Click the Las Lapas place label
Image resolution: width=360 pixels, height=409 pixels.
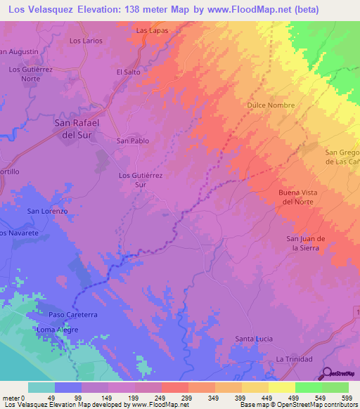tap(152, 31)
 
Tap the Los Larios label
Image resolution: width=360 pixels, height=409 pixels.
tap(86, 41)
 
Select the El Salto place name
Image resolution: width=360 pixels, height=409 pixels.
tap(129, 72)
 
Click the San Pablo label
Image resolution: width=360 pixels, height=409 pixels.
tap(132, 141)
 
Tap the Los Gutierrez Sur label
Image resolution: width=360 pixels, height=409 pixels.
tap(141, 180)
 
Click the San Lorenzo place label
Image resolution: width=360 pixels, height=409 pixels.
tap(47, 211)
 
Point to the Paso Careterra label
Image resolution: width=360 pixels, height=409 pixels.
tap(72, 314)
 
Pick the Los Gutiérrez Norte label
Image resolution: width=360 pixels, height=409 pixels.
tap(34, 74)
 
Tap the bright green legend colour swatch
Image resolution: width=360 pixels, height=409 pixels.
tap(308, 387)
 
